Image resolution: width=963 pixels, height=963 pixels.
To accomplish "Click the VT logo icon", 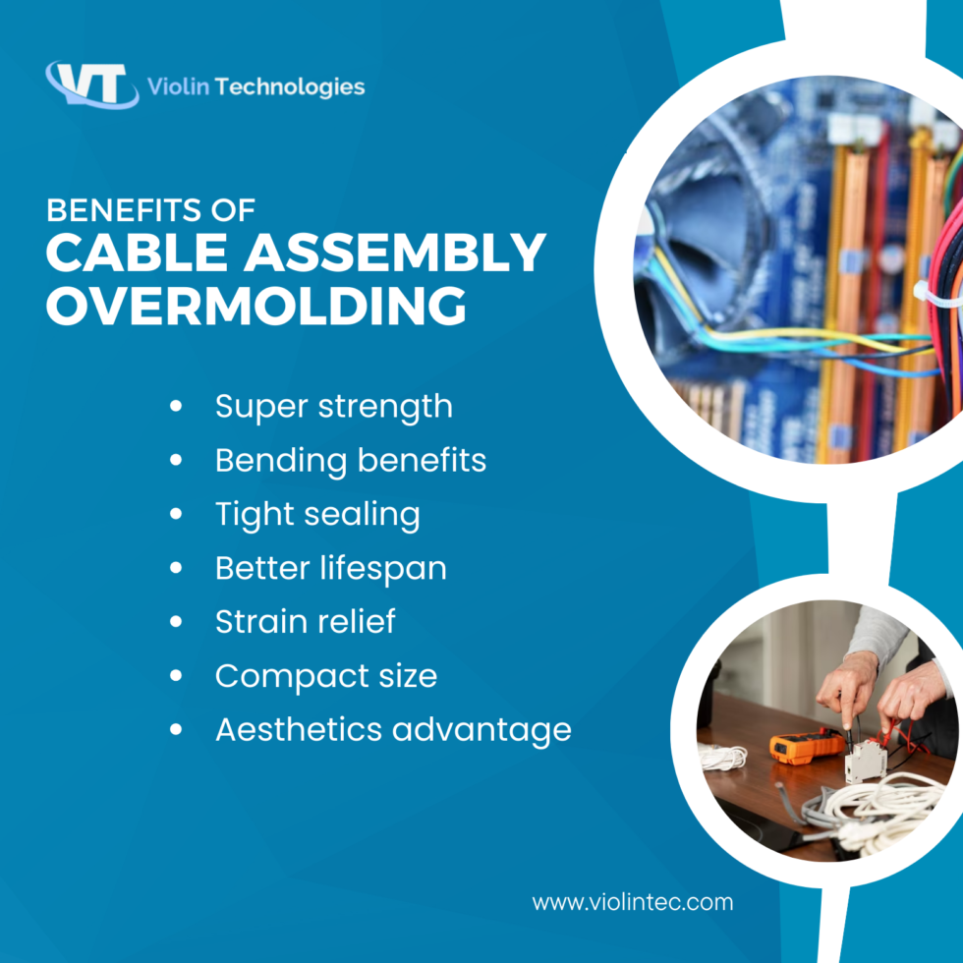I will (x=90, y=85).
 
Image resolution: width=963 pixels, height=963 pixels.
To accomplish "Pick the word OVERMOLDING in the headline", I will (x=256, y=306).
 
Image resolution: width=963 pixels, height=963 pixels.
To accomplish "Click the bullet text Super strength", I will (x=333, y=406).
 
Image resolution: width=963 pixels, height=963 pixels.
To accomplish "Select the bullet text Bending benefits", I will (x=350, y=460).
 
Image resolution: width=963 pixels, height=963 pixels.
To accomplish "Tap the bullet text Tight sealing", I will (x=316, y=514).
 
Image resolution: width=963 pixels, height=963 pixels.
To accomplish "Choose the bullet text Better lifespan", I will (x=330, y=568).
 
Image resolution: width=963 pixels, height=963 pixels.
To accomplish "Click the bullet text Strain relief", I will (x=305, y=622).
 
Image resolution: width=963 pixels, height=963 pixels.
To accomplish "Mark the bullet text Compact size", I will (x=325, y=676).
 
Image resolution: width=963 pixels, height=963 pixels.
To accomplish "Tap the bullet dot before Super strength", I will (x=177, y=406).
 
